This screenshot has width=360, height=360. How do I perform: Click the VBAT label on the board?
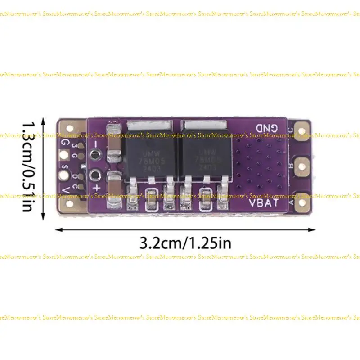264,202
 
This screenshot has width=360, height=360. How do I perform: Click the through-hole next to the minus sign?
94,155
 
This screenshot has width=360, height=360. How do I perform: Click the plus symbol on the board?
95,187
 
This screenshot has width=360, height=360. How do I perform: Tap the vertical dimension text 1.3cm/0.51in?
29,166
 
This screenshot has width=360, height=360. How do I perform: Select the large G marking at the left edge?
66,143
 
